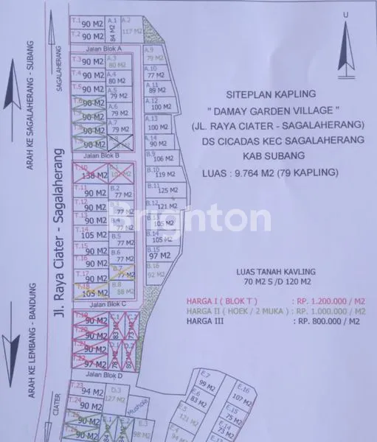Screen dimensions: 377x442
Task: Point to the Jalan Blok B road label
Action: coord(93,156)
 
